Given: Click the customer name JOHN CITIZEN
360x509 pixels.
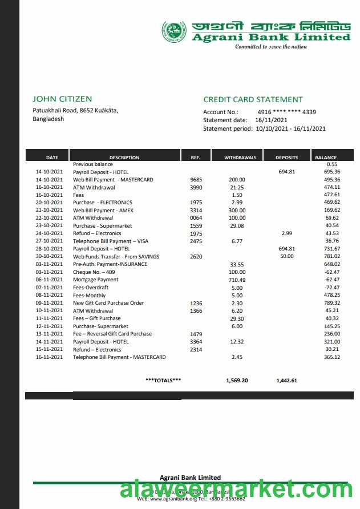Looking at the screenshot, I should point(62,99).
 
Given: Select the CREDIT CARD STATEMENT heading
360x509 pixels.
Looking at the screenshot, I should point(253,99).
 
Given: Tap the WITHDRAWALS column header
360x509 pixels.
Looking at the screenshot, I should point(240,157).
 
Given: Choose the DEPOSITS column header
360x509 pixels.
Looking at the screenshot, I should point(286,157).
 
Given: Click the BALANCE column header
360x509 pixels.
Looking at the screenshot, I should point(325,157).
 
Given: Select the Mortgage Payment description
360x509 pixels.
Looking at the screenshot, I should point(96,280).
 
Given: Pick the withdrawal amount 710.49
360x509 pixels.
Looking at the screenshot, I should point(237,280).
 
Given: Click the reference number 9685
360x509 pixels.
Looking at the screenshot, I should point(196,180).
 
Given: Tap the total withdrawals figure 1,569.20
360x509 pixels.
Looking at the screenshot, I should point(237,380).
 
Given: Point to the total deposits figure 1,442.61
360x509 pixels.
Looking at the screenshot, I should point(286,380).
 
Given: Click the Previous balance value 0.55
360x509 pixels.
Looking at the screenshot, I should point(332,164).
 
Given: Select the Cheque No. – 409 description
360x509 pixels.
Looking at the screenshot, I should point(94,272).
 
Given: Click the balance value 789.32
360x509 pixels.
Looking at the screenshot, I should point(331,303).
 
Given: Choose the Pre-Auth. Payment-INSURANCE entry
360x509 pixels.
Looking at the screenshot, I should point(110,264).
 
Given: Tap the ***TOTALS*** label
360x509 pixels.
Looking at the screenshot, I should point(163,380).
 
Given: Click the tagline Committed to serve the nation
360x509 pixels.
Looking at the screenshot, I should point(271,46).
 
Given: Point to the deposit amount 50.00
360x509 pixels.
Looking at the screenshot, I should point(287,257).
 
